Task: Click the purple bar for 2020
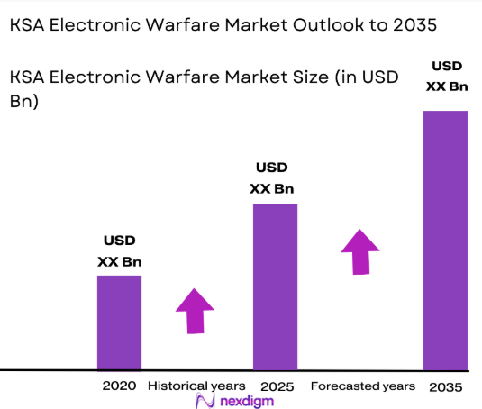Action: click(x=119, y=322)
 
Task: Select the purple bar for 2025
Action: click(x=275, y=286)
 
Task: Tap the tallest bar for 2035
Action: click(x=445, y=240)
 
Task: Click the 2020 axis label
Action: click(x=119, y=386)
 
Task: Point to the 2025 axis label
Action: click(x=275, y=386)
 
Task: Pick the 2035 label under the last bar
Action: click(x=445, y=386)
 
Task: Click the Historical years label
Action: click(x=196, y=386)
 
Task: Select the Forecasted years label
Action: click(x=363, y=386)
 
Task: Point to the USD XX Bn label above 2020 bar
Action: click(x=119, y=251)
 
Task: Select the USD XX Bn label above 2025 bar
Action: click(x=272, y=178)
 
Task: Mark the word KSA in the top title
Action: click(x=27, y=25)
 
